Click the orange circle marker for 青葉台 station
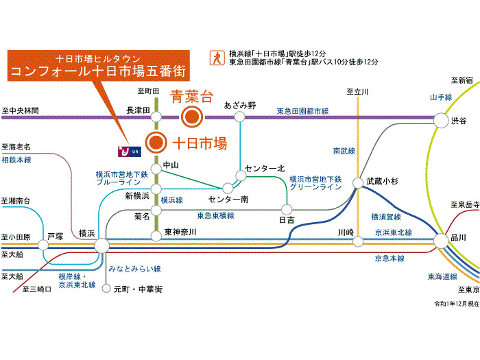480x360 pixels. [191, 117]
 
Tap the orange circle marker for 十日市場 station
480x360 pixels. [157, 143]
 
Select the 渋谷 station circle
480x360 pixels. [440, 121]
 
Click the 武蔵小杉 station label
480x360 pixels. [381, 181]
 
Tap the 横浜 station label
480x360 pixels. [87, 233]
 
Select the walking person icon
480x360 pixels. [217, 57]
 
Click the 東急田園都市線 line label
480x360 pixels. [302, 110]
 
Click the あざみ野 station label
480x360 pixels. [240, 106]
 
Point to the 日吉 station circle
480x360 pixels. [287, 209]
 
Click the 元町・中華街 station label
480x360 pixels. [138, 289]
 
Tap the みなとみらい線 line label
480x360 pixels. [134, 269]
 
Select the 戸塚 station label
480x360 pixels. [55, 237]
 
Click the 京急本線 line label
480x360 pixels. [389, 259]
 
